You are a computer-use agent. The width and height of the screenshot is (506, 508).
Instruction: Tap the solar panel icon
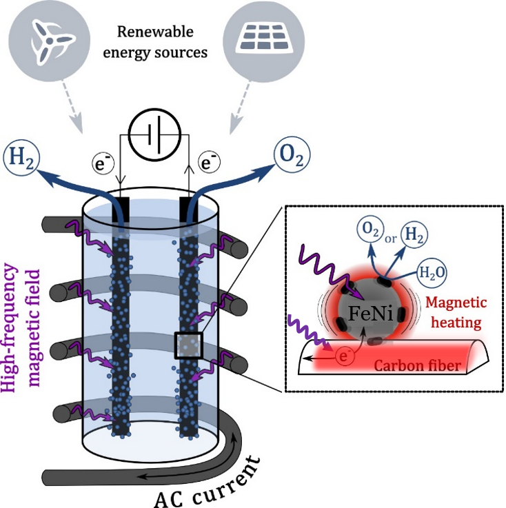click(256, 40)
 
